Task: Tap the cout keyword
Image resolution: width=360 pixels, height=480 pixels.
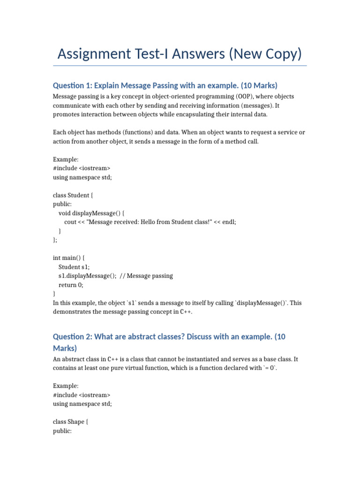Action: click(x=70, y=222)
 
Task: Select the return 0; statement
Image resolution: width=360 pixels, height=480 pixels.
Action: click(x=70, y=285)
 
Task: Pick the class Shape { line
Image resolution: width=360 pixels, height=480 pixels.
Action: click(x=70, y=422)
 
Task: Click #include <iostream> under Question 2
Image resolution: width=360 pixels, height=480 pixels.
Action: click(x=82, y=395)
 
